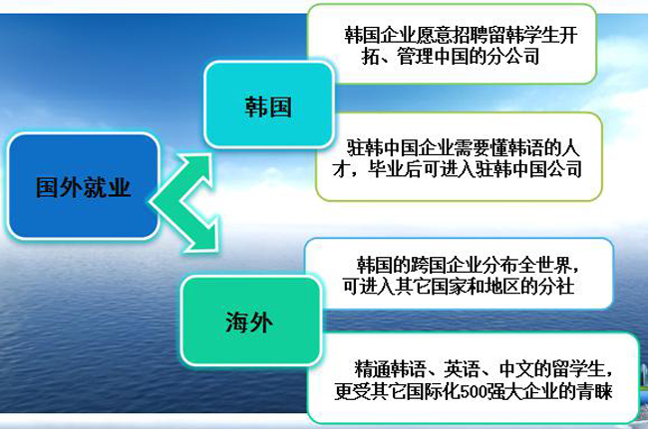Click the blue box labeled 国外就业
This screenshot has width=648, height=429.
coord(82,186)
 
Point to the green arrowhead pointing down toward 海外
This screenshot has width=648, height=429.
coord(204,239)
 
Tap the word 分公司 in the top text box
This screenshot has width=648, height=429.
coord(515,58)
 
